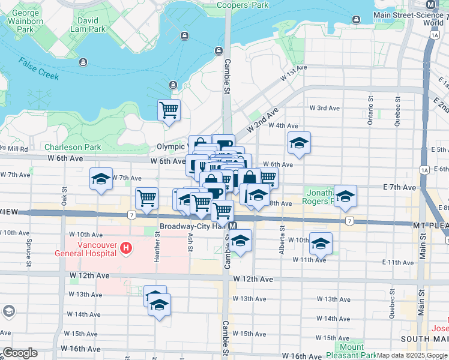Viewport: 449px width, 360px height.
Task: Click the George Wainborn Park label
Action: click(25, 21)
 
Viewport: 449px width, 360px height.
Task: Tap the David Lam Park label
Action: click(88, 25)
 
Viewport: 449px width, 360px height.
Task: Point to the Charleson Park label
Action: click(72, 146)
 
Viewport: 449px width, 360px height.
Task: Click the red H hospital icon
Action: click(125, 247)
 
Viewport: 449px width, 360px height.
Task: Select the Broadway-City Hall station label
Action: click(194, 226)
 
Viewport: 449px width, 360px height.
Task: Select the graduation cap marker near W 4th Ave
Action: click(299, 143)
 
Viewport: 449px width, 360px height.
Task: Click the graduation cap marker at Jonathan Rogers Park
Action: click(345, 196)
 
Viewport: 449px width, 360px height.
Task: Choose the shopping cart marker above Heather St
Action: click(146, 198)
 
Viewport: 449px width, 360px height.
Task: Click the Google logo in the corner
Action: click(20, 353)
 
